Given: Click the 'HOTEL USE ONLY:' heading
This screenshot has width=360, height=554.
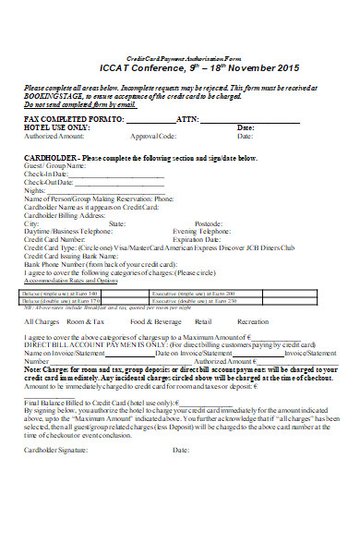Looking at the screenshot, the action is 57,127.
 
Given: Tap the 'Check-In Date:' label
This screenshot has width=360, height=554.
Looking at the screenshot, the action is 45,173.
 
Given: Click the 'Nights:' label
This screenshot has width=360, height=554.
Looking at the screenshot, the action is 34,189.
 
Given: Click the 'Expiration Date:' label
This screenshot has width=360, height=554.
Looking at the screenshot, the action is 200,240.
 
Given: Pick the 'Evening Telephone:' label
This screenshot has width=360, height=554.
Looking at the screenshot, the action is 203,232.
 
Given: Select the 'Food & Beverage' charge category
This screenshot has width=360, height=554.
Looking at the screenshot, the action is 155,321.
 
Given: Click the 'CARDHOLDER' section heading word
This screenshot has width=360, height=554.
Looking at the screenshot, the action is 49,158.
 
